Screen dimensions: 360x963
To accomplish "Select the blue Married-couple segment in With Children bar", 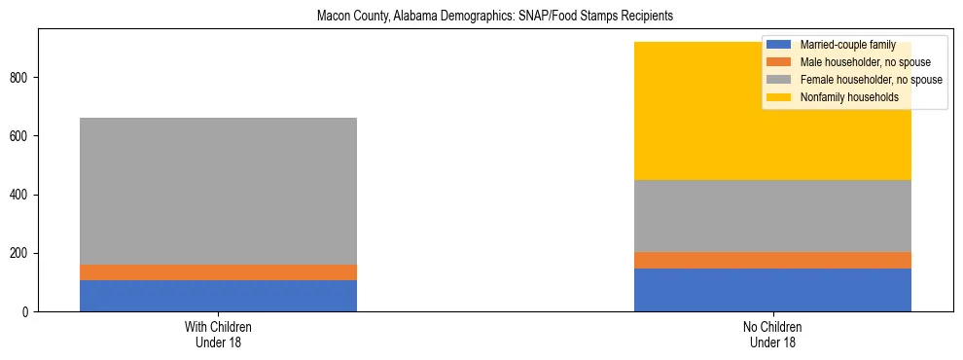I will tap(218, 296).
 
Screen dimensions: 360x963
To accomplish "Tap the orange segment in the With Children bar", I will tap(218, 272).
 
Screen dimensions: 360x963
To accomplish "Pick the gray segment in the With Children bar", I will tap(218, 191).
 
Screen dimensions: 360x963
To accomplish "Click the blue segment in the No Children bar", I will tap(772, 290).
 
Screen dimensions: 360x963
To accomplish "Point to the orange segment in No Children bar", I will tap(772, 260).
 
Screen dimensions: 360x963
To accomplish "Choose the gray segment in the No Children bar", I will tap(772, 216).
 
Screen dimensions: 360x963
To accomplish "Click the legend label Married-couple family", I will tap(847, 45).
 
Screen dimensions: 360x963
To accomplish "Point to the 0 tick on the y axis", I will tap(28, 312).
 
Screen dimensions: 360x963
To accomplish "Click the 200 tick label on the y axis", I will tap(22, 253).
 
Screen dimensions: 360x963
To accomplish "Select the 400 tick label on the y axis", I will tap(22, 195).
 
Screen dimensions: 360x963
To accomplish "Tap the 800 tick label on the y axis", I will tap(22, 78).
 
